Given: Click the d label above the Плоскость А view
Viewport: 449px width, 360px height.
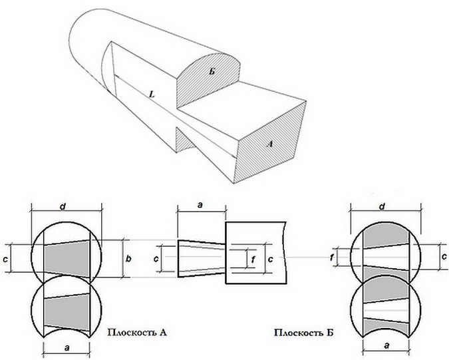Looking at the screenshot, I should click(x=63, y=206).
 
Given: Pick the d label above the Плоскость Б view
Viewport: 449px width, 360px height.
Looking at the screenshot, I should click(x=383, y=206).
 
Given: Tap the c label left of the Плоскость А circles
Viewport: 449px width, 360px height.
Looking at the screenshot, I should click(x=6, y=257).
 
